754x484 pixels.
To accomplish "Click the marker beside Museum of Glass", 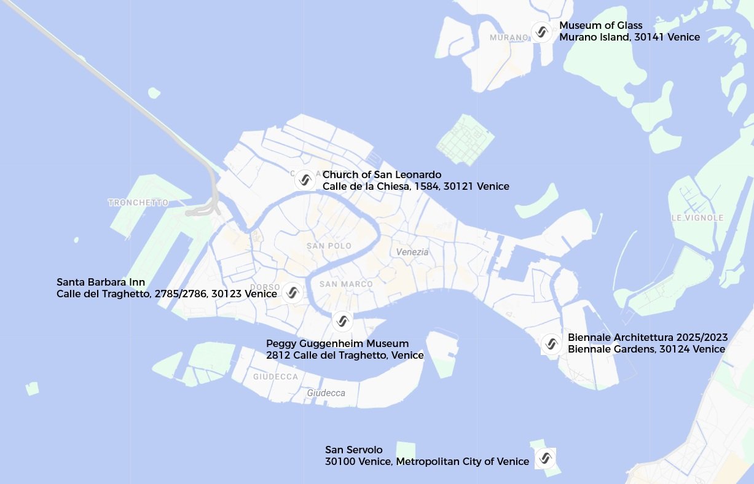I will (x=541, y=32).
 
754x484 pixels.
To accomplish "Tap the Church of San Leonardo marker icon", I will (x=304, y=181).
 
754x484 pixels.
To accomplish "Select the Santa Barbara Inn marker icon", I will (x=292, y=292).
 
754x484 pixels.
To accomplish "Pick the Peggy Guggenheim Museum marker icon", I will (x=342, y=321).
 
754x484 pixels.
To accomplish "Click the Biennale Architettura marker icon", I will (x=551, y=343).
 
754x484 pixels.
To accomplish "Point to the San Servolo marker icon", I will (x=544, y=458).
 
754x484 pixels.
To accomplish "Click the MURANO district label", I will (x=509, y=37).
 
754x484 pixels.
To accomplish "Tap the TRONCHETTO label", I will (x=138, y=202).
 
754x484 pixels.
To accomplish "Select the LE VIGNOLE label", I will (x=697, y=217).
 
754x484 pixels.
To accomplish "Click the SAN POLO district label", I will (x=329, y=246).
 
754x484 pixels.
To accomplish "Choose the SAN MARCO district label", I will (x=346, y=284).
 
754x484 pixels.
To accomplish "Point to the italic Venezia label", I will (x=412, y=252).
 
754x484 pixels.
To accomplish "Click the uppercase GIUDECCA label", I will (x=275, y=377).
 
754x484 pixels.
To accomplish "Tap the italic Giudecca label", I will (x=326, y=392).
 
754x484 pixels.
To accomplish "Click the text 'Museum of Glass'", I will (x=600, y=25).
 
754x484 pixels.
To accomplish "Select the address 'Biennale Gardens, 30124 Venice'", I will (x=646, y=349).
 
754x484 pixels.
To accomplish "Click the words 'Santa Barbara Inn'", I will (x=101, y=282).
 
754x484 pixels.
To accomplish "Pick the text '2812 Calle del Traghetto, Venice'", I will (x=345, y=355).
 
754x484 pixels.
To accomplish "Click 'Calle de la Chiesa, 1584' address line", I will (x=415, y=186).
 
